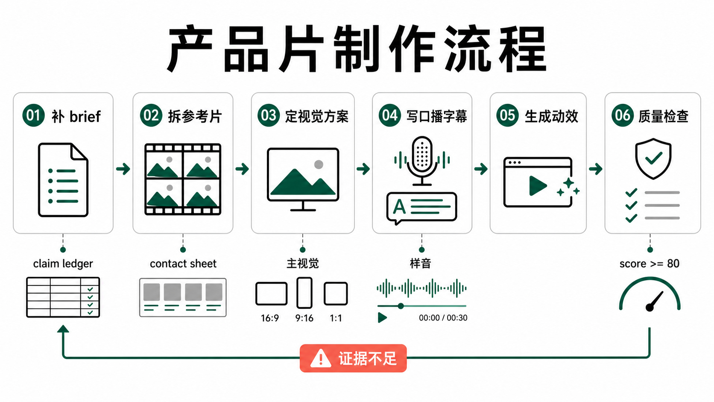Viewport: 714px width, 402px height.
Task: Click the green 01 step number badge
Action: (33, 115)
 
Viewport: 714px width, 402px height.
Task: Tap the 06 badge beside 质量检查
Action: (622, 115)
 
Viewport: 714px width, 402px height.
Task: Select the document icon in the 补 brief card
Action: (63, 180)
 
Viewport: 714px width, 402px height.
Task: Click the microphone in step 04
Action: (422, 161)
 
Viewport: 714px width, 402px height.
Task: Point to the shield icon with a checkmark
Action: (653, 158)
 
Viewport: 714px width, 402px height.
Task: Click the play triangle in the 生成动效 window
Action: (537, 185)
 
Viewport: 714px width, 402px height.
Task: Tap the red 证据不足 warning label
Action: (353, 358)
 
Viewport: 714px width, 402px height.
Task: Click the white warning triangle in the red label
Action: (321, 358)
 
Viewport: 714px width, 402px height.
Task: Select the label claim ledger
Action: (63, 264)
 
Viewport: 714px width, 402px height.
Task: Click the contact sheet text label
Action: (183, 264)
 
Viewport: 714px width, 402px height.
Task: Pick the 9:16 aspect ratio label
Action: (304, 318)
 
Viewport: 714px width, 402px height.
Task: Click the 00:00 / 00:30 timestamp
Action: (443, 317)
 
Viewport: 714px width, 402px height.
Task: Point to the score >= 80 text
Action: (649, 264)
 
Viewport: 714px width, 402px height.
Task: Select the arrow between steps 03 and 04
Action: (363, 169)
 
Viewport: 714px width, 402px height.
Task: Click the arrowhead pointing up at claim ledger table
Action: (63, 329)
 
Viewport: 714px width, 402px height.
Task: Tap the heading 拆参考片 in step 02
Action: (194, 116)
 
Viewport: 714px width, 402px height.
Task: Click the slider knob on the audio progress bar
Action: (401, 306)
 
